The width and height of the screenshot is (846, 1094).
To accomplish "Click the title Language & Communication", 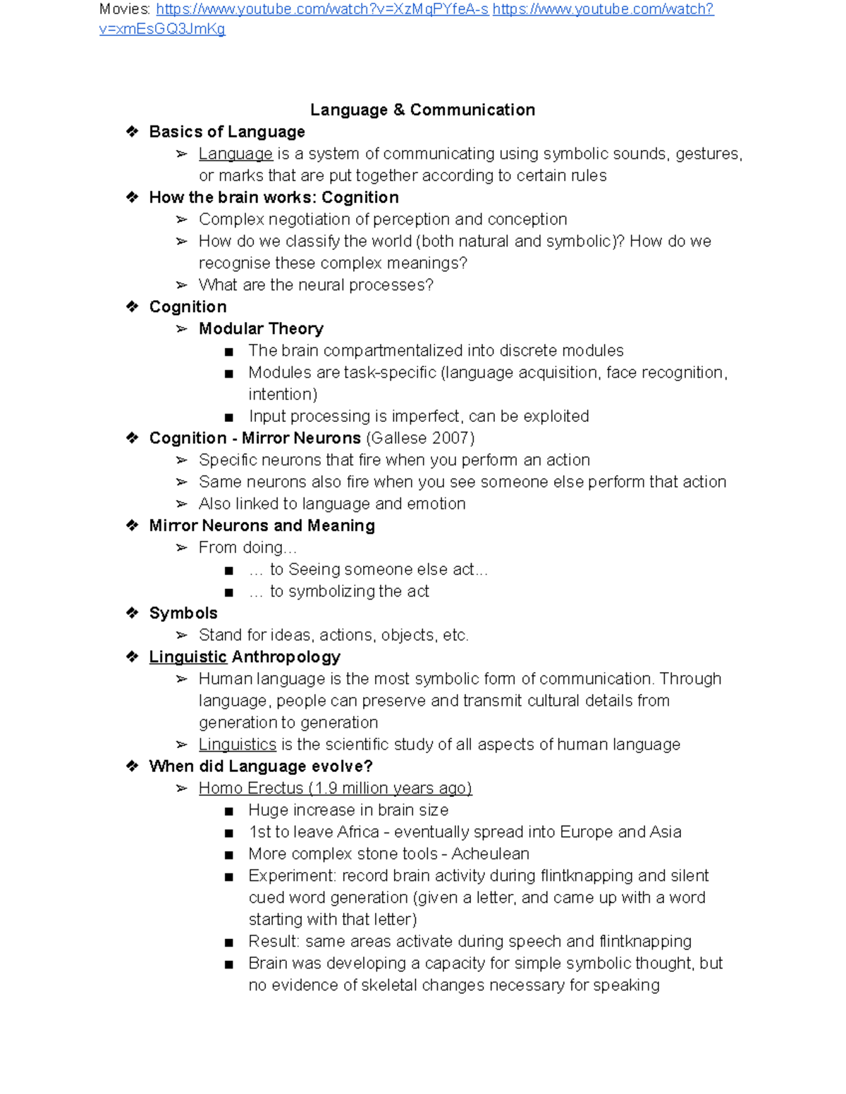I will [422, 110].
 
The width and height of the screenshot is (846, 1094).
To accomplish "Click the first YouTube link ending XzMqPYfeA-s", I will [322, 9].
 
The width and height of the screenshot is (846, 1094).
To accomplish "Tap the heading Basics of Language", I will [226, 132].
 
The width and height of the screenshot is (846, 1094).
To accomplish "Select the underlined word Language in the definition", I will [235, 154].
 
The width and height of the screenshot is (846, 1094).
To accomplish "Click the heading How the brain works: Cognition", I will [274, 197].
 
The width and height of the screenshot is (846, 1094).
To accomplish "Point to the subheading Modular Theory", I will [261, 328].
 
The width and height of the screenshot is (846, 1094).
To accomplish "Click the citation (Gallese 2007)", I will [420, 438].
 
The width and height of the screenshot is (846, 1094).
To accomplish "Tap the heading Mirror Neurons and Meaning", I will [262, 526].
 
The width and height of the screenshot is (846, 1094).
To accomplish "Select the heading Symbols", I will [183, 613].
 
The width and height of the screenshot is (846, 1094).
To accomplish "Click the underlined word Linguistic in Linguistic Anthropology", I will [188, 657].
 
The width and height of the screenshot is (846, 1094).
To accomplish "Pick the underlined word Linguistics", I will [237, 745].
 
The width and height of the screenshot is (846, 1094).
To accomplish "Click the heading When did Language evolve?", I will [260, 766].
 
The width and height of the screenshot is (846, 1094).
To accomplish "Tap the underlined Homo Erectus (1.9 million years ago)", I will [335, 788].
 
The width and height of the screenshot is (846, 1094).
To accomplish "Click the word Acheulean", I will [490, 854].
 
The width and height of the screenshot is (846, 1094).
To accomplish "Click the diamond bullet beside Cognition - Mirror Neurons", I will [132, 438].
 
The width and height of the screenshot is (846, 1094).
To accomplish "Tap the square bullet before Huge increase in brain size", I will [228, 812].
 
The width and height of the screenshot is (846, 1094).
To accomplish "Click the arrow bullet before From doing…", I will [181, 547].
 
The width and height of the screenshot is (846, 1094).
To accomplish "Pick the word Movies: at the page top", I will [125, 9].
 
